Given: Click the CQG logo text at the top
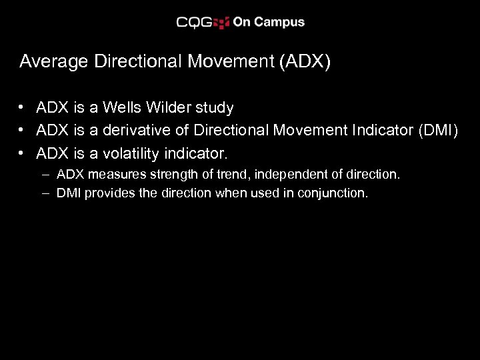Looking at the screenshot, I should click(194, 22).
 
